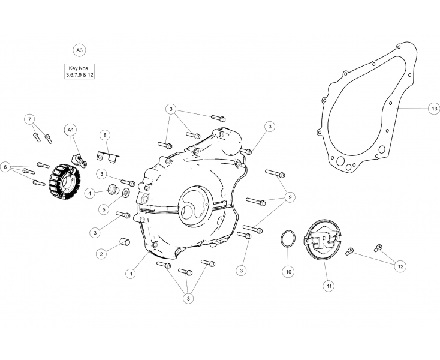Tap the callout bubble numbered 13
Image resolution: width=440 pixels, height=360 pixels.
tap(433, 109)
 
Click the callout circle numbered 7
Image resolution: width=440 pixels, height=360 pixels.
tap(29, 119)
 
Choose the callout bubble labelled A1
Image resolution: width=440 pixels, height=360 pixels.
tap(70, 130)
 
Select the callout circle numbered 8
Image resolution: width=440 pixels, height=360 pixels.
tap(104, 134)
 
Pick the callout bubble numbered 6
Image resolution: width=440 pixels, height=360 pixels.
tap(7, 166)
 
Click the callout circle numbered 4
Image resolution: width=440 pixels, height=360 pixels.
tap(90, 193)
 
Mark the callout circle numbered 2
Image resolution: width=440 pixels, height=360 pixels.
tap(101, 254)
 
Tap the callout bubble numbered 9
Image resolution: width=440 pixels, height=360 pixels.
tap(290, 197)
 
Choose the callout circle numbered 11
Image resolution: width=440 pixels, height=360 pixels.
tap(329, 286)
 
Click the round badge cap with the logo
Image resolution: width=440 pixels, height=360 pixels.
tap(321, 240)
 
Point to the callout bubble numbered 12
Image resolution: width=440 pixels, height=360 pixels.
tap(400, 266)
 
